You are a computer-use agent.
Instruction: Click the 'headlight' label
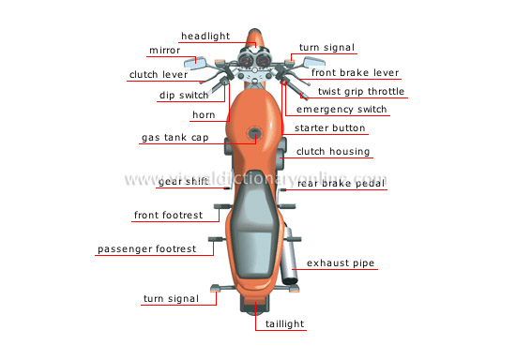[x=205, y=36]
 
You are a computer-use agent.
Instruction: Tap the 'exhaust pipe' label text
[x=341, y=264]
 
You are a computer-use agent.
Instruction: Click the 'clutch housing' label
[x=333, y=151]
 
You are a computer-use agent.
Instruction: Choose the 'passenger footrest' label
[x=147, y=249]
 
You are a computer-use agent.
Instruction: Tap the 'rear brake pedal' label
[x=341, y=183]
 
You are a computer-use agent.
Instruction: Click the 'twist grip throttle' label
[x=361, y=92]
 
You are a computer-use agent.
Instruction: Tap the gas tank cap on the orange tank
[x=253, y=137]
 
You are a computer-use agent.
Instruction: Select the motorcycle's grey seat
[x=251, y=216]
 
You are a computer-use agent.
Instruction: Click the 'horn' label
[x=204, y=115]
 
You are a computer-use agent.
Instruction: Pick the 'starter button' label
[x=330, y=127]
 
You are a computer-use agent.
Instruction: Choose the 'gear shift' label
[x=183, y=182]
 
